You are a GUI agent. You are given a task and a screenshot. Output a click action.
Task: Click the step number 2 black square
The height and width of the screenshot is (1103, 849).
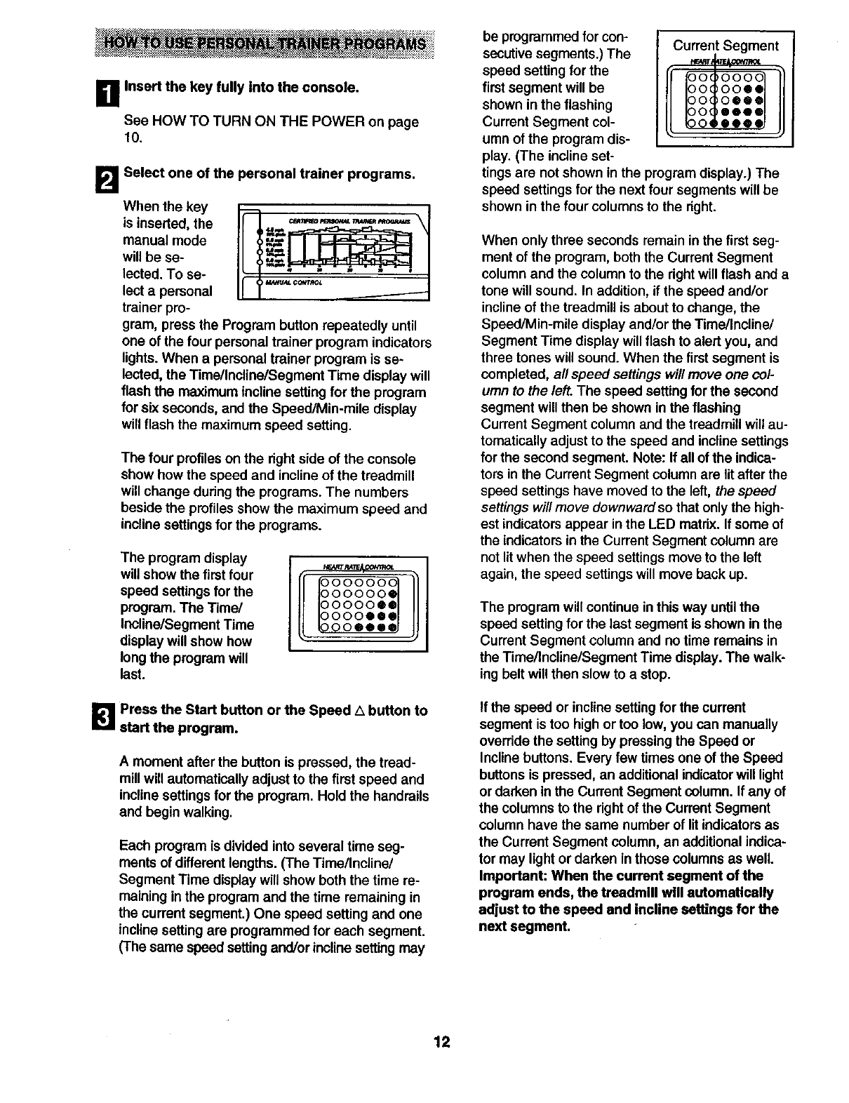tap(112, 178)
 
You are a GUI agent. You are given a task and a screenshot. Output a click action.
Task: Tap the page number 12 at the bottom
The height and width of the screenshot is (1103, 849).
tap(441, 1042)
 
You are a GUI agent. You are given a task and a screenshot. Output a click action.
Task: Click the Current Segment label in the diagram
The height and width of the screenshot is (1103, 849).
tap(725, 46)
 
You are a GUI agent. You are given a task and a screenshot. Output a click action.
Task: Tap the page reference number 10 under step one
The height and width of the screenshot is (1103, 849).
tap(131, 139)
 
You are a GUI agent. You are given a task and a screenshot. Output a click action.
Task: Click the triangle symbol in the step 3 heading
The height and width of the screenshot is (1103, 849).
tap(360, 711)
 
